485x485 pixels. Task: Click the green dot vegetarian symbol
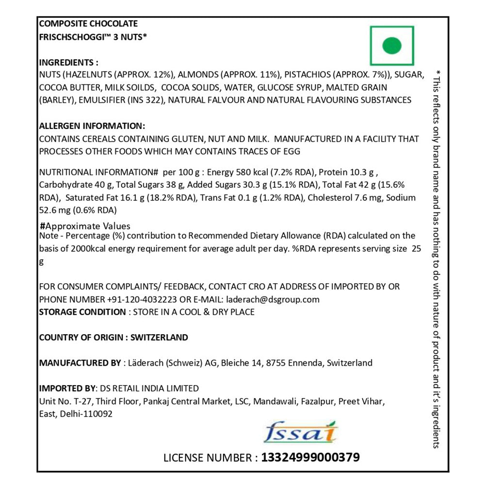[392, 46]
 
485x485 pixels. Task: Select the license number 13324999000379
[310, 457]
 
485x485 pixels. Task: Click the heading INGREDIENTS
[68, 63]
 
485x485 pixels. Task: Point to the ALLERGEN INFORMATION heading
[92, 126]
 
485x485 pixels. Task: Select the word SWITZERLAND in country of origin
[160, 337]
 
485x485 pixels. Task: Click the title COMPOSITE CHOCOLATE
[88, 24]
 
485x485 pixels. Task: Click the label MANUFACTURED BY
[80, 363]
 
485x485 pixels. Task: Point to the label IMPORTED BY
[67, 388]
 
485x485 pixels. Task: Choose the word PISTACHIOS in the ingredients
[307, 75]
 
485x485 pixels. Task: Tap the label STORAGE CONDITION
[82, 312]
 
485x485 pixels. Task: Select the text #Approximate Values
[85, 226]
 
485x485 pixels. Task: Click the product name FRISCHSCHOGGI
[75, 35]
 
